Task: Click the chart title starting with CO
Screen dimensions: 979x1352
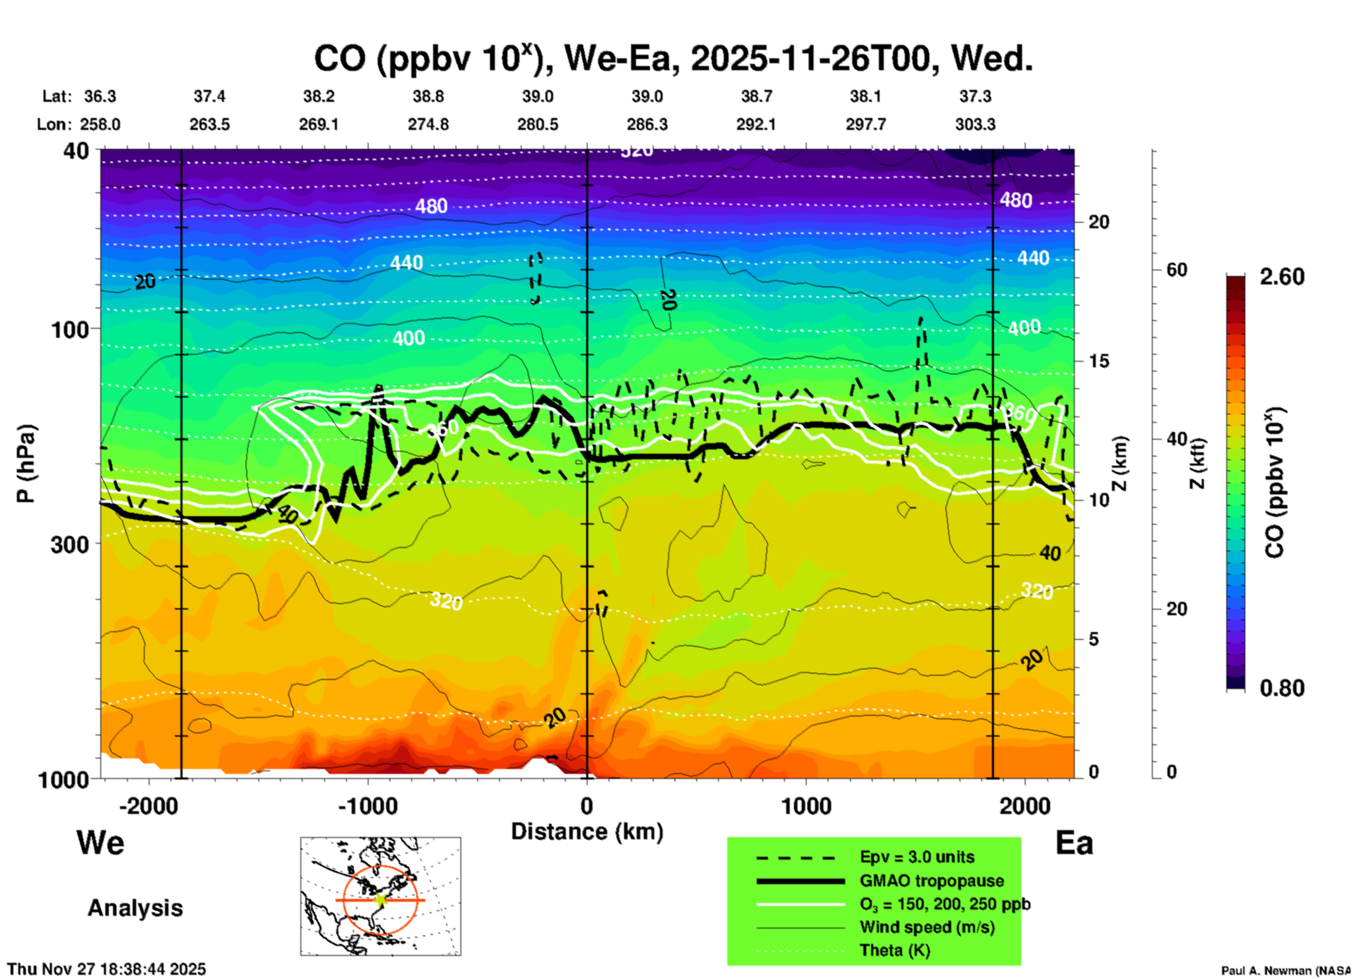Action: click(x=672, y=59)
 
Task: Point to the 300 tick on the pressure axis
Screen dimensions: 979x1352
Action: click(x=70, y=544)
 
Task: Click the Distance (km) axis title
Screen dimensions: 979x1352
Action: click(x=587, y=832)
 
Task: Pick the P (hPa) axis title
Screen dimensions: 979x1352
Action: click(x=25, y=464)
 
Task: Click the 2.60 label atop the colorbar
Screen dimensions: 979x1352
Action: click(x=1282, y=277)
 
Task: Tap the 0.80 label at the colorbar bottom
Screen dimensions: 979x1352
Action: click(x=1282, y=688)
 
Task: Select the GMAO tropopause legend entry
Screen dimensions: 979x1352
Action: click(x=932, y=881)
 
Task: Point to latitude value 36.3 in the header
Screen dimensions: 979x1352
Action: click(x=100, y=96)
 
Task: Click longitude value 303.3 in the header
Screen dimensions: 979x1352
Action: click(x=975, y=124)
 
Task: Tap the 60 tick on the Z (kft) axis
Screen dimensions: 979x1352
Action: click(x=1177, y=270)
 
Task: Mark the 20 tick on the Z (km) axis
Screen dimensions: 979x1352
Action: click(x=1099, y=222)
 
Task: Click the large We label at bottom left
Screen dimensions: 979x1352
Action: click(x=100, y=843)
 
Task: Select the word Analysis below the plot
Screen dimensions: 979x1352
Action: click(x=135, y=908)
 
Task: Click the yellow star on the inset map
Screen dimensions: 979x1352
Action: click(x=380, y=900)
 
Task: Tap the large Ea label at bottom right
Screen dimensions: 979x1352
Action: click(x=1074, y=843)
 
